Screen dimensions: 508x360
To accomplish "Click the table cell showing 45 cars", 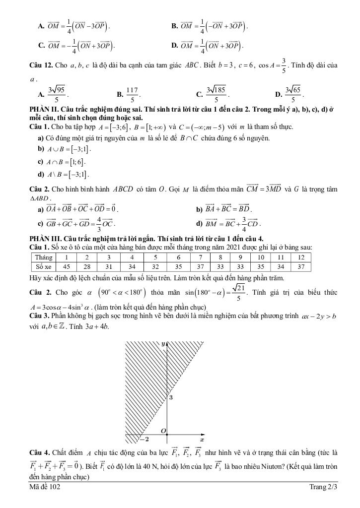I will [66, 266].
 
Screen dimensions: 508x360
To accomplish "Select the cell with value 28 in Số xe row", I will [87, 266].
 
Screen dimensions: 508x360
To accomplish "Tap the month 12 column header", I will [300, 257].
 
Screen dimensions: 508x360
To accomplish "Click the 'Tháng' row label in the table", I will [43, 257].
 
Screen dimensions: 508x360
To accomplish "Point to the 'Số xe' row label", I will [43, 266].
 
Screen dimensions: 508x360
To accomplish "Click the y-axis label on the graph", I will [163, 343].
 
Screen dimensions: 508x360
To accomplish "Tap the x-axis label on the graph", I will [202, 440].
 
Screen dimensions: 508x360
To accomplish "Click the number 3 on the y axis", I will [171, 398].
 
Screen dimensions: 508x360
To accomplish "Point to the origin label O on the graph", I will [163, 432].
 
